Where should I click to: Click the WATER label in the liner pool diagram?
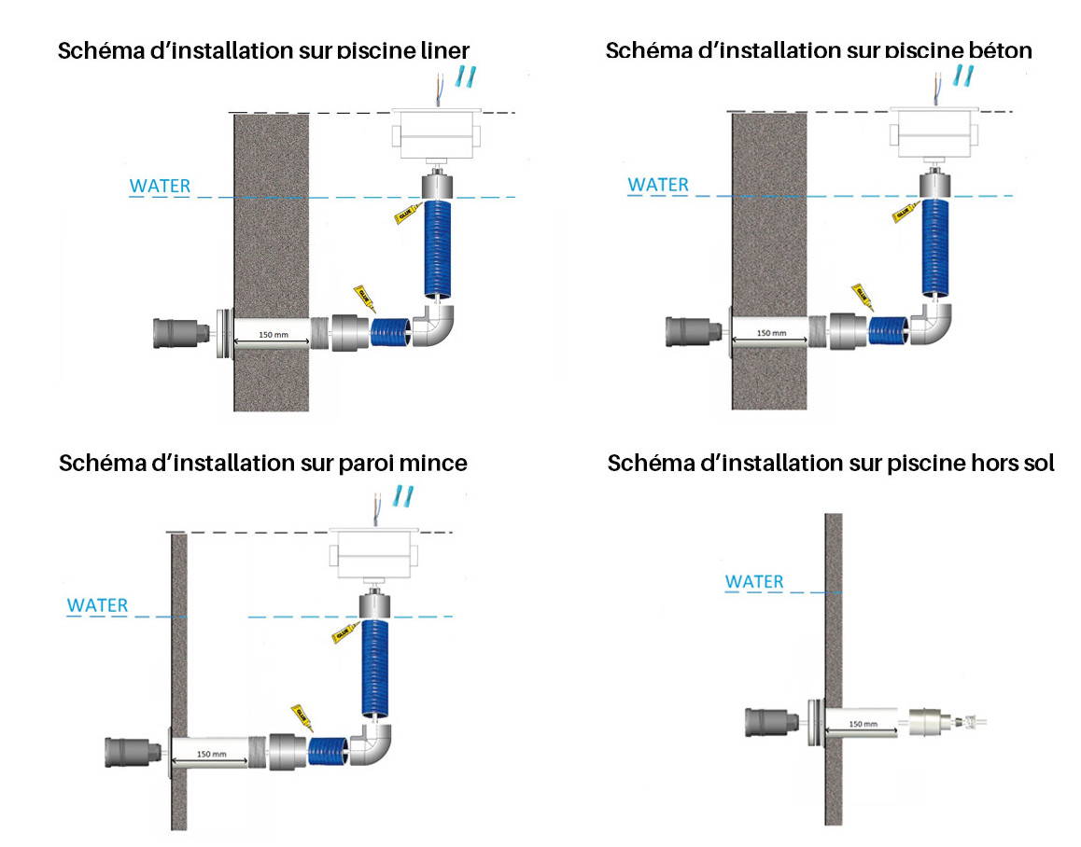point(160,185)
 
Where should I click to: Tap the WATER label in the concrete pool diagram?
point(658,184)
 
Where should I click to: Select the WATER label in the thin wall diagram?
point(97,604)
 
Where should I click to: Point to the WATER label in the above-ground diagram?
point(754,581)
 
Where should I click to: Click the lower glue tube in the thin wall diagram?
point(301,715)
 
